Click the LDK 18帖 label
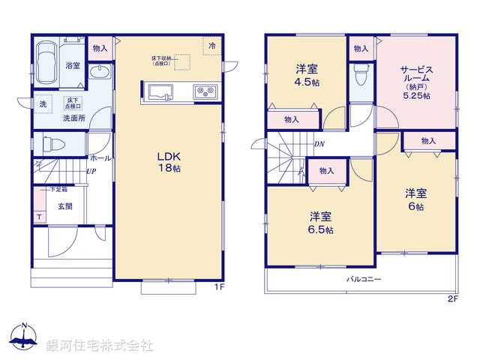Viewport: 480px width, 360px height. click(x=168, y=162)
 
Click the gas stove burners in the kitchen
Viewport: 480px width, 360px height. click(x=204, y=92)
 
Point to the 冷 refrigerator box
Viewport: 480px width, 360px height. click(x=212, y=46)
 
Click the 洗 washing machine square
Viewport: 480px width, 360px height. click(x=43, y=104)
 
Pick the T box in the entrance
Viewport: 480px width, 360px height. click(x=39, y=217)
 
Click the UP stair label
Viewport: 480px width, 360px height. click(x=90, y=172)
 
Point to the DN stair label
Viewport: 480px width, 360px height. click(x=319, y=144)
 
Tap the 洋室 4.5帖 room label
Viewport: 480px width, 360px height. click(x=306, y=75)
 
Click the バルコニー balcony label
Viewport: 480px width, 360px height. click(x=363, y=280)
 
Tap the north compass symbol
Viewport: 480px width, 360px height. click(x=25, y=338)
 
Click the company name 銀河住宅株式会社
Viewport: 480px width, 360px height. click(x=99, y=346)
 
